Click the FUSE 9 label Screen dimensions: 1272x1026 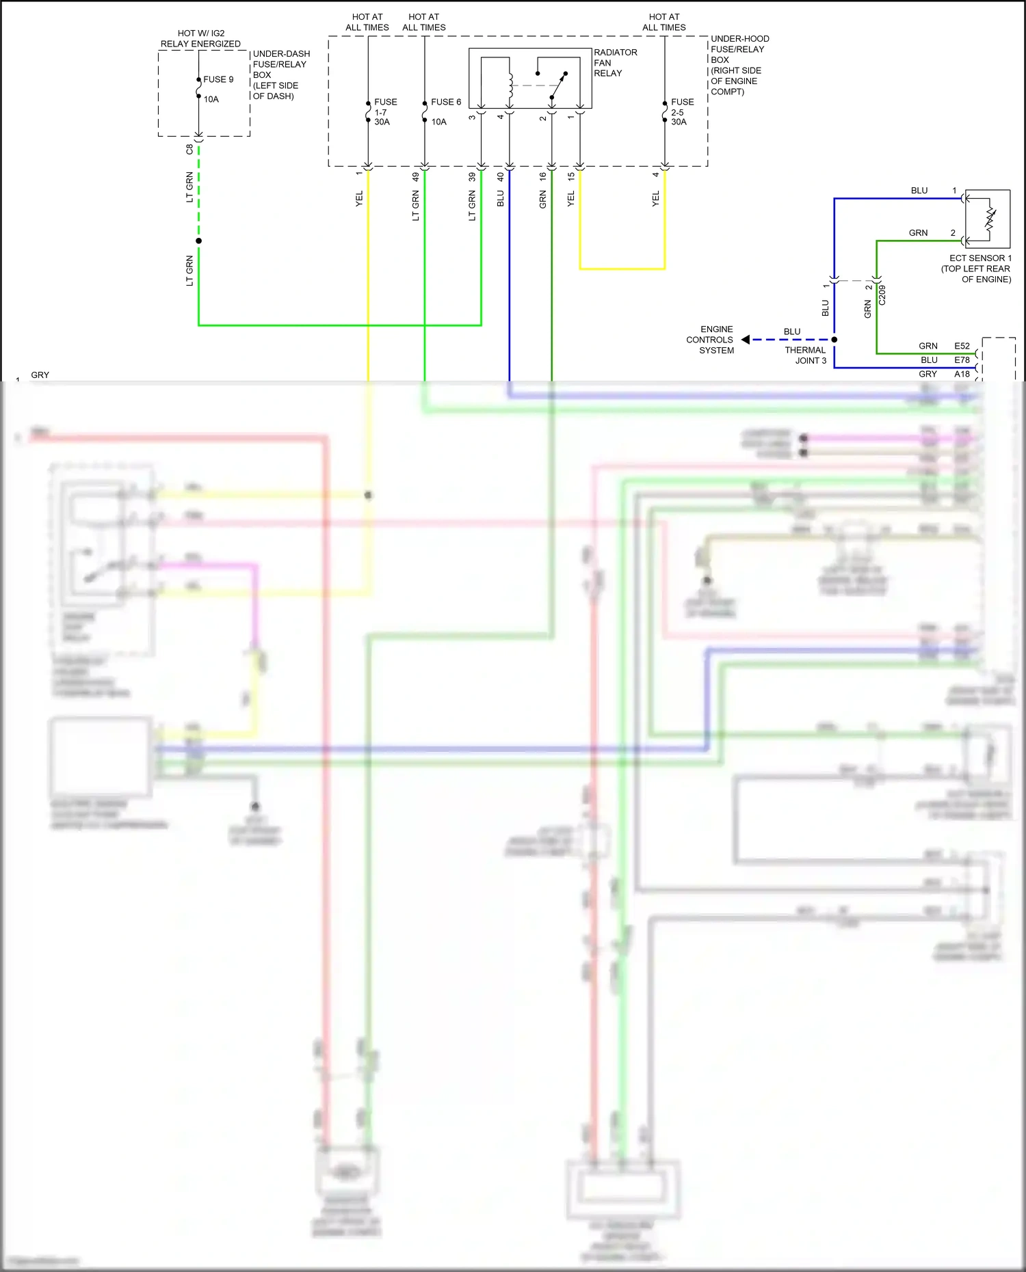click(218, 79)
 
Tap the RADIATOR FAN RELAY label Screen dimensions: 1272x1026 click(615, 63)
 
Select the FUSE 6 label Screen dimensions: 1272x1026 click(445, 102)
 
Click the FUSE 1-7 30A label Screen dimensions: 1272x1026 click(384, 111)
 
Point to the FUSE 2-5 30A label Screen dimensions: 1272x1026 click(681, 111)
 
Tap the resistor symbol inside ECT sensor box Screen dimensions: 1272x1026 click(990, 219)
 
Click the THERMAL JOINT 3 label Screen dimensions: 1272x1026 click(806, 355)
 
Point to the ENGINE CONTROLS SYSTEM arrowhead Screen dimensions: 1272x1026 click(746, 340)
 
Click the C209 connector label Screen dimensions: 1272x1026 click(882, 295)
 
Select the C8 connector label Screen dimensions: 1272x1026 click(189, 149)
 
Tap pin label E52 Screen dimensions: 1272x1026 click(962, 346)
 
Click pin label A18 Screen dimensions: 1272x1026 click(962, 374)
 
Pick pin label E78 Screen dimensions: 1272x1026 click(962, 360)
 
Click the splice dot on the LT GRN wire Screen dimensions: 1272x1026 click(198, 241)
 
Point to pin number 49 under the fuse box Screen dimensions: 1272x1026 click(415, 176)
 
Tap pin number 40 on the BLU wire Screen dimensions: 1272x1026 click(500, 176)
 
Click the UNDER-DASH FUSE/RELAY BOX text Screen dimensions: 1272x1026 click(280, 75)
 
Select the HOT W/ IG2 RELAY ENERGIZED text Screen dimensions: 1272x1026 click(200, 38)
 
